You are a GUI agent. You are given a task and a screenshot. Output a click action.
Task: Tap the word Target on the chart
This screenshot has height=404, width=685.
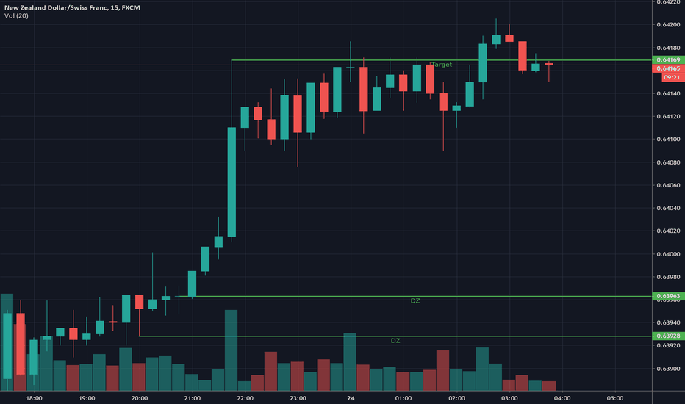pos(441,65)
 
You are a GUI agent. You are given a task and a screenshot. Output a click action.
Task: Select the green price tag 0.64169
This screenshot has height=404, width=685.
pos(667,59)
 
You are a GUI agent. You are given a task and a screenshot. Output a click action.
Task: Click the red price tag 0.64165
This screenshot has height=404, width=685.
pos(667,68)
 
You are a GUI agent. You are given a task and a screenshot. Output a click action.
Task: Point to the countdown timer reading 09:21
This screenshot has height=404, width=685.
pos(670,77)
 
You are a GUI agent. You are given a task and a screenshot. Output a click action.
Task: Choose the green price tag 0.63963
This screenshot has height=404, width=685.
pos(667,296)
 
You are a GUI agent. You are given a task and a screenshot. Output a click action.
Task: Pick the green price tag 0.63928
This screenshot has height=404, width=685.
pos(667,336)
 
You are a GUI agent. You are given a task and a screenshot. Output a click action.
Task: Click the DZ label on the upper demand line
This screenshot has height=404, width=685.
pos(415,301)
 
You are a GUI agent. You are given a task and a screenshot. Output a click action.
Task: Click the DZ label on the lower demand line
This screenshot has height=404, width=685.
pos(395,341)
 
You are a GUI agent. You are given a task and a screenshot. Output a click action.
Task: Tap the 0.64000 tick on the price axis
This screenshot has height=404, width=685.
pos(667,254)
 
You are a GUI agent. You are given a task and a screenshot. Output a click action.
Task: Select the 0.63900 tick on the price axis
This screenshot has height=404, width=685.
pos(667,369)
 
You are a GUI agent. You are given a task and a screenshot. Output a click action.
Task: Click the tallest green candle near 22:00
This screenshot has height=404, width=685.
pos(232,182)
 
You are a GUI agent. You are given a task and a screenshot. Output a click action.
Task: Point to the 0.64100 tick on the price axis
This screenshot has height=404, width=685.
pos(667,139)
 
